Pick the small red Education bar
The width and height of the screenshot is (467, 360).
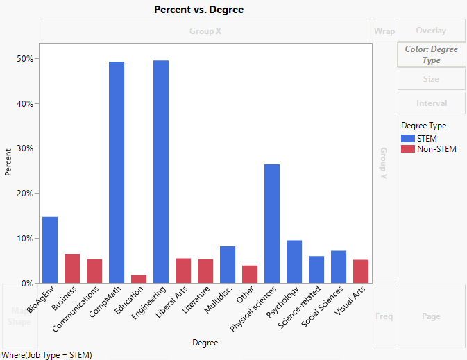point(139,279)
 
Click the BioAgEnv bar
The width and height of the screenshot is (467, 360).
point(50,250)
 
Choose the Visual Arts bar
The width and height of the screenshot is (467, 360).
point(361,271)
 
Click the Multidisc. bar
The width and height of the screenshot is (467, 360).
point(228,264)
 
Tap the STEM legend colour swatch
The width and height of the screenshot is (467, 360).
point(407,138)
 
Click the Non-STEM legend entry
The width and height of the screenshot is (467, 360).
point(436,149)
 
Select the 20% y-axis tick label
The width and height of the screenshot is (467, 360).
point(24,194)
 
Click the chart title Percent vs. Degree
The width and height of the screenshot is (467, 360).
point(198,10)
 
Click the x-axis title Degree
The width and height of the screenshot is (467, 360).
point(205,343)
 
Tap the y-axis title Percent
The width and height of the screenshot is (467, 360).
point(8,162)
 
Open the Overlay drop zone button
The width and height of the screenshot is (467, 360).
point(431,31)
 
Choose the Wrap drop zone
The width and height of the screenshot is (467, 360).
point(384,31)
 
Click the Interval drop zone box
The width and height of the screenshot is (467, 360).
point(431,103)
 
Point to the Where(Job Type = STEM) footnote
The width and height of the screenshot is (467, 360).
point(47,354)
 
